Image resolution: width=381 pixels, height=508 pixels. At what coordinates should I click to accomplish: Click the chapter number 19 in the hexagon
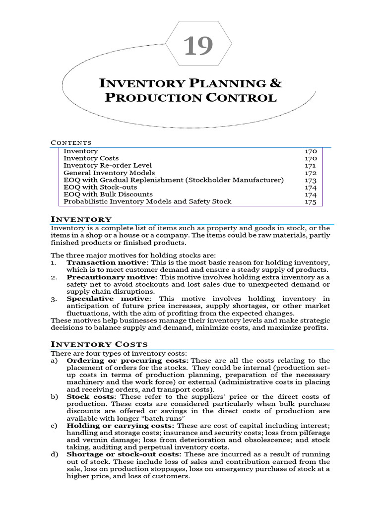coord(198,47)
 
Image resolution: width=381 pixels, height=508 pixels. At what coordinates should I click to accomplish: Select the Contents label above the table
coord(71,143)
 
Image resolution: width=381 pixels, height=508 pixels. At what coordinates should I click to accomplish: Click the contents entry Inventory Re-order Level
coord(108,165)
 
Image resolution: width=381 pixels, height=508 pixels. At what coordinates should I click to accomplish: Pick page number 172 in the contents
coord(311,173)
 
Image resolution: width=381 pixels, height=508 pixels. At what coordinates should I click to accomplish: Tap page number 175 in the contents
coord(311,202)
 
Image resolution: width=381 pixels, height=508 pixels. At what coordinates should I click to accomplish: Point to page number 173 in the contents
coord(311,180)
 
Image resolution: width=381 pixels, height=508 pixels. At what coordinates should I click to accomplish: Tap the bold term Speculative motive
coord(109,299)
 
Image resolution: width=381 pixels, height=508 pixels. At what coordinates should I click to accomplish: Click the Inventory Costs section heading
coord(99,344)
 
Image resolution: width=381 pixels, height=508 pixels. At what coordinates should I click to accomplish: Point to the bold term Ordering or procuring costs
coord(127,360)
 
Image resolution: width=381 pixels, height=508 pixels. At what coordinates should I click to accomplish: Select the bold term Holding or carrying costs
coord(120,426)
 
